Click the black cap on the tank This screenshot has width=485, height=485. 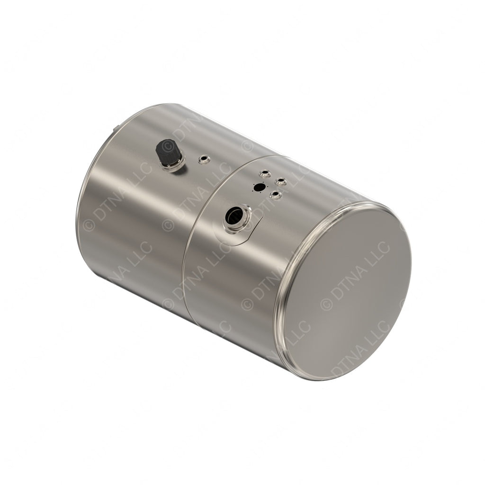pyautogui.click(x=167, y=152)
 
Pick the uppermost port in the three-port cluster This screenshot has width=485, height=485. pyautogui.click(x=265, y=173)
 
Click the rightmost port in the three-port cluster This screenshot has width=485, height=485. pyautogui.click(x=281, y=181)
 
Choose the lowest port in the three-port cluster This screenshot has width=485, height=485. pyautogui.click(x=275, y=194)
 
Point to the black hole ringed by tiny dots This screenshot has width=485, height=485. pyautogui.click(x=260, y=187)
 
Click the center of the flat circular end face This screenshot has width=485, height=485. pyautogui.click(x=348, y=291)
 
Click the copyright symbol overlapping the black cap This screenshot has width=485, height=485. pyautogui.click(x=168, y=147)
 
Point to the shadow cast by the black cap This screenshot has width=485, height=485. pyautogui.click(x=176, y=169)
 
